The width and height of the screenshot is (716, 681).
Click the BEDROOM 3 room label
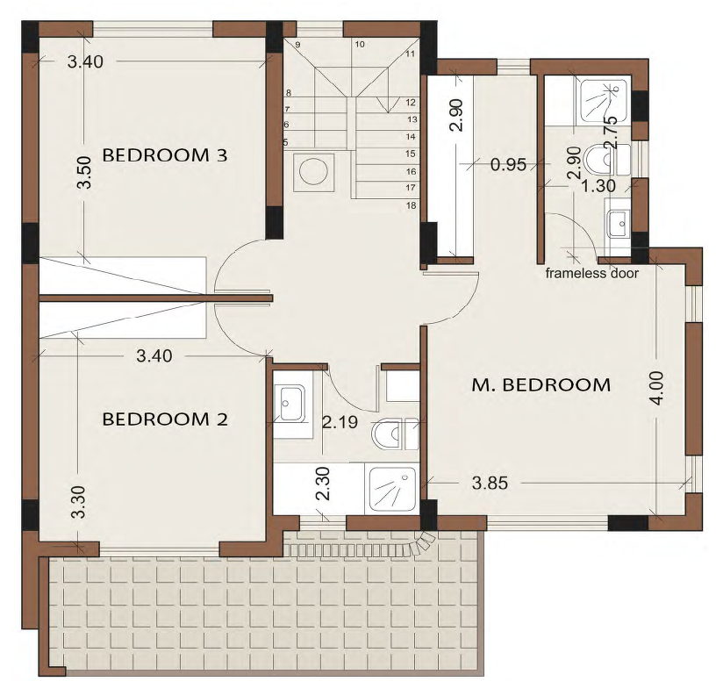click(164, 155)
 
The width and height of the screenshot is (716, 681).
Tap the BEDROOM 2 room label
click(164, 419)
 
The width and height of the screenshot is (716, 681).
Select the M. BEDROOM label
click(541, 385)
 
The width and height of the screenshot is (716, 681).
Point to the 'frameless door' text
click(591, 274)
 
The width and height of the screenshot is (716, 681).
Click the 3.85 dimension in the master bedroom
click(490, 483)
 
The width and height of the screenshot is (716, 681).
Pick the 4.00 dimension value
click(657, 388)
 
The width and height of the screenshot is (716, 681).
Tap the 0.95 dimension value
click(508, 164)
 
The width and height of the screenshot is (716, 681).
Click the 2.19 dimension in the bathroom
click(340, 422)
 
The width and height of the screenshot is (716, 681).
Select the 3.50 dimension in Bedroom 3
click(85, 173)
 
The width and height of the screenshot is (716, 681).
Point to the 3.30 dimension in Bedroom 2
click(79, 501)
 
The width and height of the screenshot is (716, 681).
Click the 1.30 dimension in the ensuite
click(598, 186)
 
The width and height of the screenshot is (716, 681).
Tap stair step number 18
click(411, 205)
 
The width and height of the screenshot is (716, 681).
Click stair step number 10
click(360, 44)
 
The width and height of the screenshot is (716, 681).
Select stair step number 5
click(285, 142)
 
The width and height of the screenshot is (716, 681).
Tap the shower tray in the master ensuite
click(603, 101)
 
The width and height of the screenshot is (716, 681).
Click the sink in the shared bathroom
click(292, 404)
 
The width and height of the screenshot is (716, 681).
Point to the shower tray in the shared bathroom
click(392, 489)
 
